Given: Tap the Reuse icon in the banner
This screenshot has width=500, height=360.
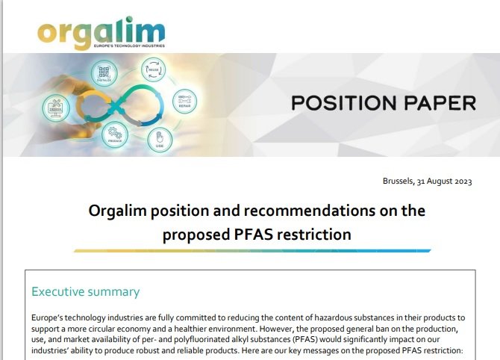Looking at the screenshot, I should [154, 72].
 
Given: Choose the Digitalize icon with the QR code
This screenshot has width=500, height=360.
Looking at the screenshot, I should [104, 73].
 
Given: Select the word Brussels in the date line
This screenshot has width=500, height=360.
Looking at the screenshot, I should [399, 181].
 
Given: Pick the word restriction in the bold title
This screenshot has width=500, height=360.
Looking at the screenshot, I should [313, 234].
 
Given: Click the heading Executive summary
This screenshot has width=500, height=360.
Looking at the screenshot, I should [85, 291].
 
